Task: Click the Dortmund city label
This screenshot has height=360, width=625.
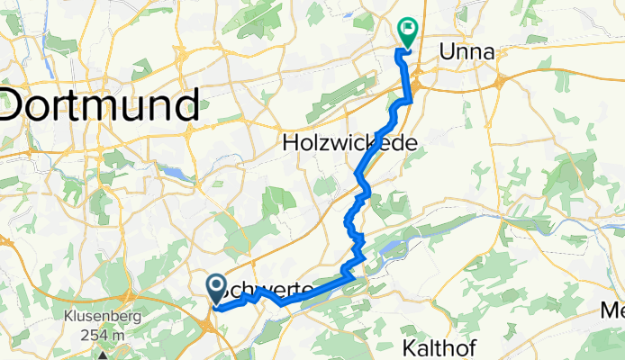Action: (100, 105)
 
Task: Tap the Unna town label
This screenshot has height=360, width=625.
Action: (466, 53)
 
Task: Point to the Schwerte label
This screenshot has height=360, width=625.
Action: (270, 290)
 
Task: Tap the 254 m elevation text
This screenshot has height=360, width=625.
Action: (101, 336)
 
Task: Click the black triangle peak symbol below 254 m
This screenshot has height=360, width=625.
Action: (102, 355)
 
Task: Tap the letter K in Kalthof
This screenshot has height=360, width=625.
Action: (409, 346)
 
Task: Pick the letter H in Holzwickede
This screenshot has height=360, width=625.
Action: (292, 143)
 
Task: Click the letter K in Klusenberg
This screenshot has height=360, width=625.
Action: (68, 318)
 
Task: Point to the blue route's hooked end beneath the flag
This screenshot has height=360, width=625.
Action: (399, 56)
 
